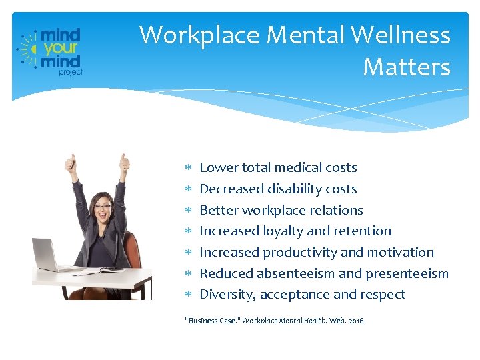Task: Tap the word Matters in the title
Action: (407, 67)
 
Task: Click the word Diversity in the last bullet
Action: (227, 295)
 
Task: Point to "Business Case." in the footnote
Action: (211, 321)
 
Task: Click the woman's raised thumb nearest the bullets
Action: (124, 161)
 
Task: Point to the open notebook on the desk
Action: (100, 269)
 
